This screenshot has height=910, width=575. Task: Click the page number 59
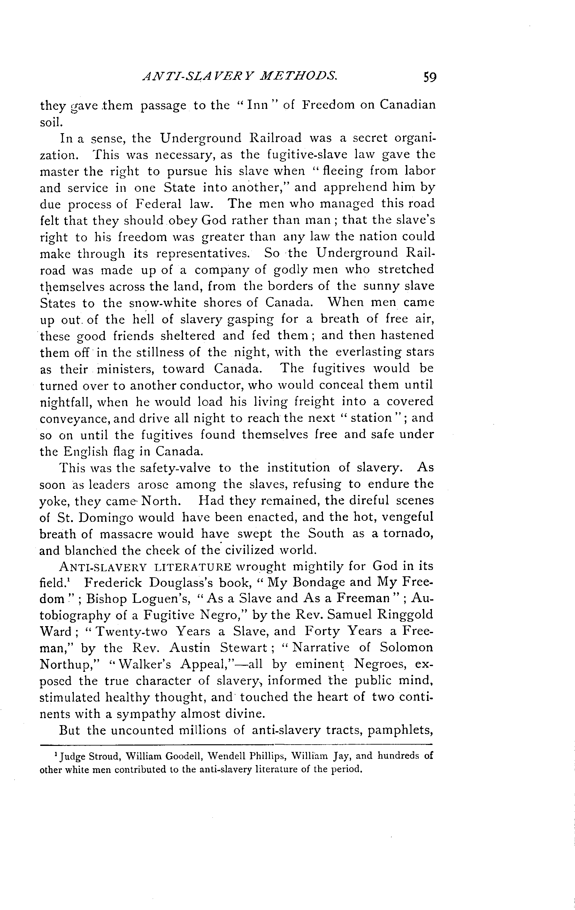pos(430,77)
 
